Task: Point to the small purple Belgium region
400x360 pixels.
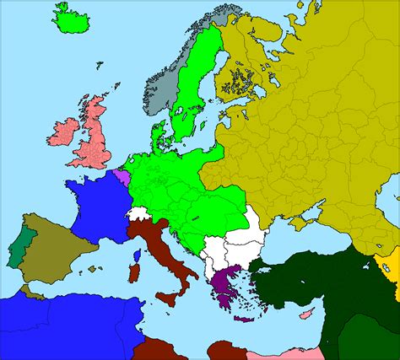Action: pyautogui.click(x=123, y=177)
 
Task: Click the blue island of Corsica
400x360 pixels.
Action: pyautogui.click(x=137, y=255)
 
